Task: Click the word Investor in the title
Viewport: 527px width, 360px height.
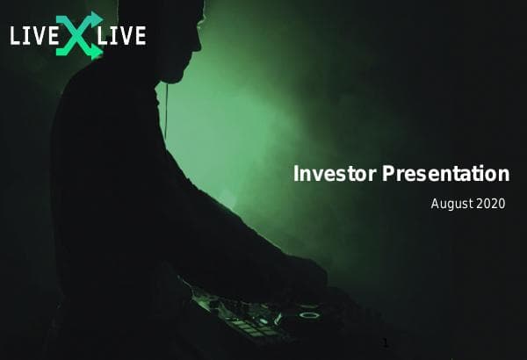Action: point(335,174)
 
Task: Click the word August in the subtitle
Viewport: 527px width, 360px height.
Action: point(451,204)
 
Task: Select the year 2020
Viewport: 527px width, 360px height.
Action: point(492,204)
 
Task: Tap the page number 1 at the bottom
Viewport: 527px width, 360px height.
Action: point(385,342)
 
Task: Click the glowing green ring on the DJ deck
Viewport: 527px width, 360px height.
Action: point(308,310)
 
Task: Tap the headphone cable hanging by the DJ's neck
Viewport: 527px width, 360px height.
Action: point(164,105)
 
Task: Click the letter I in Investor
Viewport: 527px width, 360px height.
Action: point(296,174)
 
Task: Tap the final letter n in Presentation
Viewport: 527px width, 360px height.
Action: point(503,174)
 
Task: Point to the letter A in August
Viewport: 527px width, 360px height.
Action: point(435,204)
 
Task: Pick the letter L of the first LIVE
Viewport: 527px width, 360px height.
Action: point(16,36)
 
